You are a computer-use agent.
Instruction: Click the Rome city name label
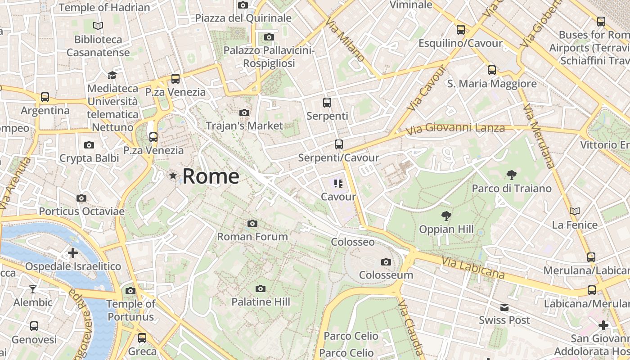(211, 176)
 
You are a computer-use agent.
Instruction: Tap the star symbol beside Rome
(173, 176)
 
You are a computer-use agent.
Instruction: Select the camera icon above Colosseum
(386, 262)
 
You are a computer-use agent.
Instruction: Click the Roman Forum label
(252, 237)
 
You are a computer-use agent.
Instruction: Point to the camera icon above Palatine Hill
(260, 288)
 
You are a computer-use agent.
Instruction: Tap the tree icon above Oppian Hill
(446, 216)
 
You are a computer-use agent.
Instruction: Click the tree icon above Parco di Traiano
(511, 175)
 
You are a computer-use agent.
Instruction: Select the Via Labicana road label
(472, 267)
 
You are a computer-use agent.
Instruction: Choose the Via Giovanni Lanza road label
(455, 129)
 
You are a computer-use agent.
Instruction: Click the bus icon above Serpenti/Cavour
(338, 144)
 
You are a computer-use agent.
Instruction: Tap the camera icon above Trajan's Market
(244, 112)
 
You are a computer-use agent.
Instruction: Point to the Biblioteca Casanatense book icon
(98, 26)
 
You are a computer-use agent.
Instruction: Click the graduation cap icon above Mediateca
(112, 75)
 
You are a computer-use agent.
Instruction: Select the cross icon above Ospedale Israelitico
(73, 253)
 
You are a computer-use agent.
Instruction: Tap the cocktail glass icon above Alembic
(33, 289)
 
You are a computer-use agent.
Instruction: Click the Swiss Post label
(504, 320)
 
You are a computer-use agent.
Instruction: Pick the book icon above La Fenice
(575, 211)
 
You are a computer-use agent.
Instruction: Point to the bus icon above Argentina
(45, 97)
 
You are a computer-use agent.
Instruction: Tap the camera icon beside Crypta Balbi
(89, 145)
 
